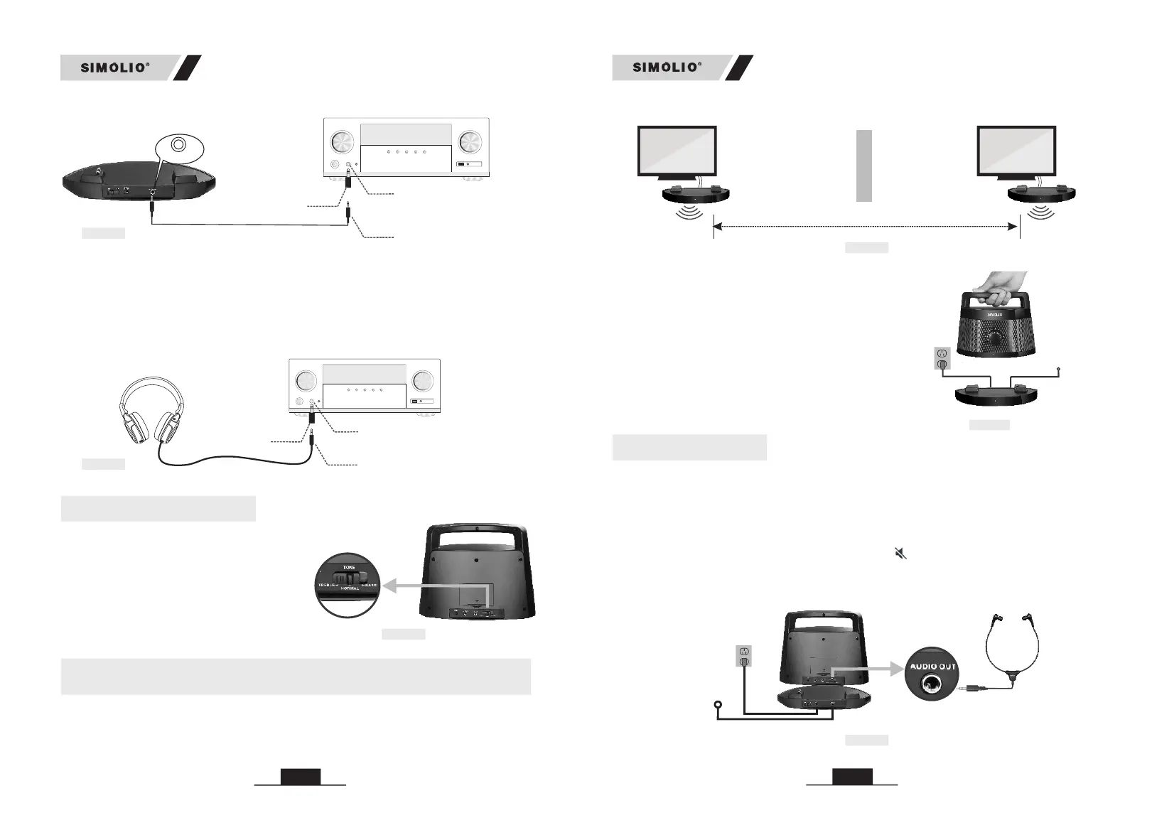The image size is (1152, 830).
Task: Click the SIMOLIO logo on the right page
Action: point(667,68)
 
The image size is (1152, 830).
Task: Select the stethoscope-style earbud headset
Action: point(1013,650)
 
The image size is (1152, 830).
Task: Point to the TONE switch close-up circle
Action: point(348,585)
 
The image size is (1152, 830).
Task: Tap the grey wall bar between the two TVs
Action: point(863,166)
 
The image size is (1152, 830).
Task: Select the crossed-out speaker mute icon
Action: point(900,553)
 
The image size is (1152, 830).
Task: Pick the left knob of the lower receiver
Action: point(306,381)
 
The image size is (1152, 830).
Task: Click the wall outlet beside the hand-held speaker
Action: point(943,357)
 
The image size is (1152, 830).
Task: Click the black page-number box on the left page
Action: point(300,777)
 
